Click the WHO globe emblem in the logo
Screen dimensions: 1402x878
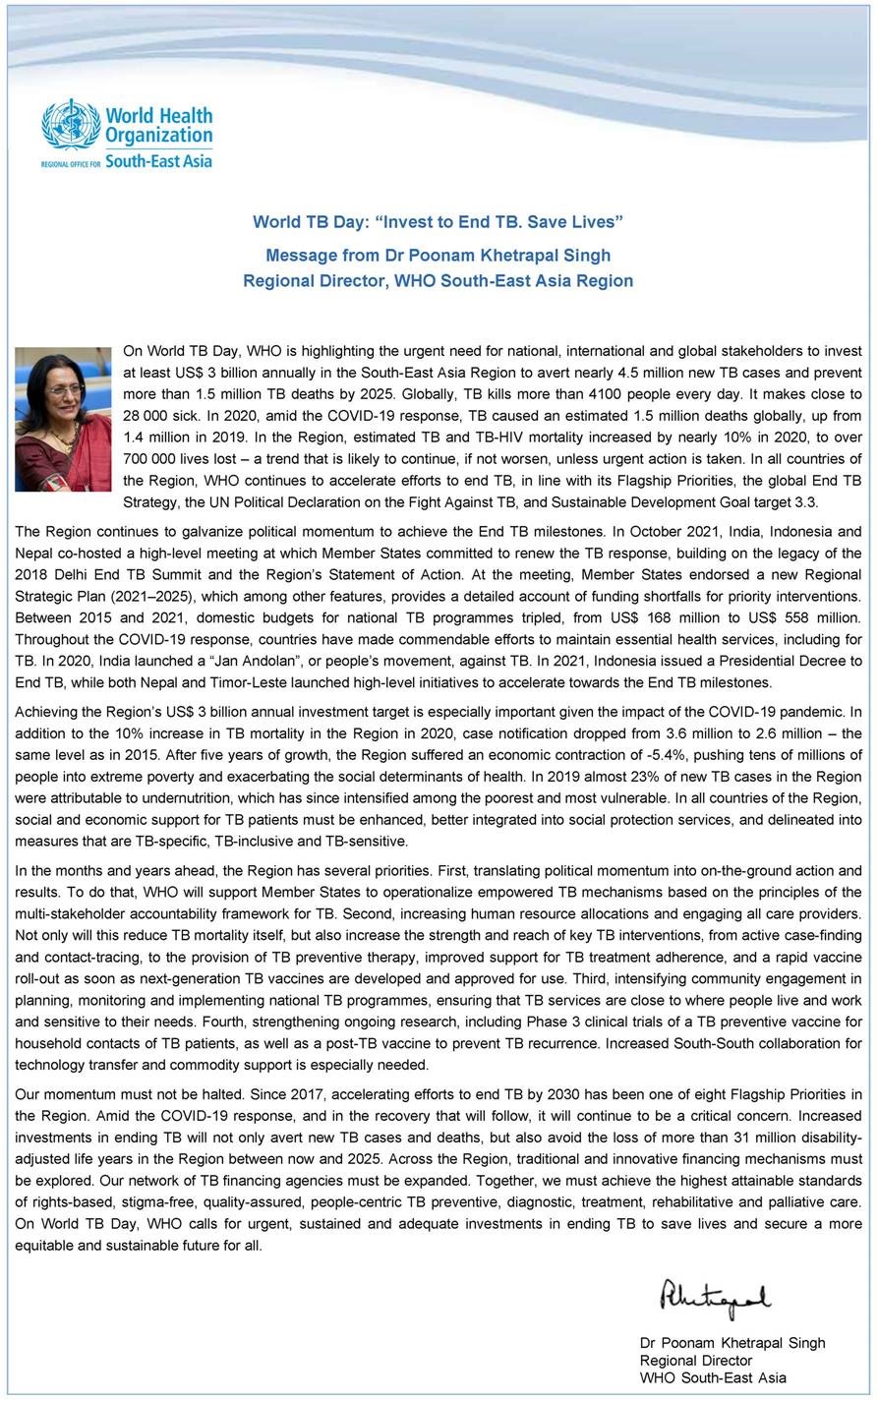coord(72,125)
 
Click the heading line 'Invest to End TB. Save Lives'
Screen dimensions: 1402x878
coord(438,222)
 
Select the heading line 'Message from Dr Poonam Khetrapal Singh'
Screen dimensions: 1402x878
coord(438,256)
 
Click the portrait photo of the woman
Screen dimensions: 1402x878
coord(63,419)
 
